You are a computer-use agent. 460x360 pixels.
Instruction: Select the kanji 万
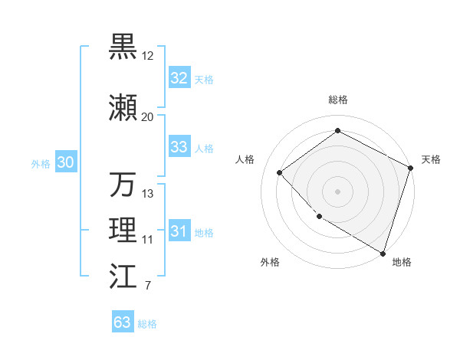click(x=123, y=185)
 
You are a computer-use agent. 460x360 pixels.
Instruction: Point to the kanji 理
click(x=123, y=231)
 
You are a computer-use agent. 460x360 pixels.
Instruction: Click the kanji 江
click(x=123, y=277)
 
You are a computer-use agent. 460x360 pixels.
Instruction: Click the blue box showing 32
click(x=179, y=78)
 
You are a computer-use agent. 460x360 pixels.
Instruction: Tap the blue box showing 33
click(x=179, y=147)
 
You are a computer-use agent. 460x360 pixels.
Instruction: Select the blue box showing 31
click(x=179, y=231)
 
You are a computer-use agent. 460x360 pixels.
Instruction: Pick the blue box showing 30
click(x=65, y=162)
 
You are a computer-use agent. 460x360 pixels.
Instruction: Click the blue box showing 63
click(x=123, y=322)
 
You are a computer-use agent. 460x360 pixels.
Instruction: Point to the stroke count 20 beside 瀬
click(x=147, y=117)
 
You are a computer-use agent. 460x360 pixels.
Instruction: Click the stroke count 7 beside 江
click(x=147, y=286)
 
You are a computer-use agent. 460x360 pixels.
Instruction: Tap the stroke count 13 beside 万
click(x=148, y=194)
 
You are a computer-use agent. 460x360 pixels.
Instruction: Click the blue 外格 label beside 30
click(x=41, y=163)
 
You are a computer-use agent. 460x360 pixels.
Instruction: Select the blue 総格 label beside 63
click(x=147, y=323)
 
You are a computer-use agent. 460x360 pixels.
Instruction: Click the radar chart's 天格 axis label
click(x=431, y=159)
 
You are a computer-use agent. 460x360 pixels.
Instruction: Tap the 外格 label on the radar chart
click(x=270, y=262)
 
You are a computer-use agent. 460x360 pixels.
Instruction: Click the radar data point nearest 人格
click(x=280, y=173)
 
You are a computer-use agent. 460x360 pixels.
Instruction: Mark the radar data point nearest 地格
click(x=383, y=252)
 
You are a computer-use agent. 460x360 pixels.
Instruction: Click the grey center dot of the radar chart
click(x=337, y=191)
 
